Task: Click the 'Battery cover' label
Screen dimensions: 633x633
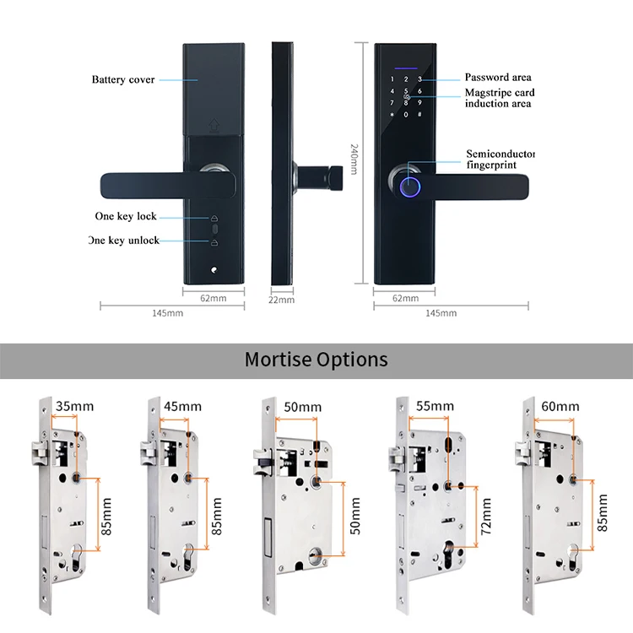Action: [123, 80]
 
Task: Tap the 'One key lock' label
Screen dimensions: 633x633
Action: [126, 217]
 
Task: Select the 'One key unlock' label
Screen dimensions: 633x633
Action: [124, 241]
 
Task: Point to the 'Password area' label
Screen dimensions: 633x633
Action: [498, 78]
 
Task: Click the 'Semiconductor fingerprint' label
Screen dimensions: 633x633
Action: [500, 160]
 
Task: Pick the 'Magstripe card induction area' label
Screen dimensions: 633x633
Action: [499, 98]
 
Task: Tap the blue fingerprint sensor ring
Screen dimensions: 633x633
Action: [410, 187]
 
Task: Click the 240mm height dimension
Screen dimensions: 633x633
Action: [354, 159]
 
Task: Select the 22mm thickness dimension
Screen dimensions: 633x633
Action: [282, 300]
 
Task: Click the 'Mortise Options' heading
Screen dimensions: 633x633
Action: [316, 360]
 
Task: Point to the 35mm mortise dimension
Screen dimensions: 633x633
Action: [74, 407]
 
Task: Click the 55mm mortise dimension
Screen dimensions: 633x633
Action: [436, 407]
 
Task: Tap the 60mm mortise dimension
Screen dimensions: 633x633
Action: [560, 407]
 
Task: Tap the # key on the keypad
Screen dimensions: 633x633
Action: [419, 114]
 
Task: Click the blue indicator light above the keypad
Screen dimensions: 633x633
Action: [405, 66]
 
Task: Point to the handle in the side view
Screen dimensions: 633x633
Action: [317, 176]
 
